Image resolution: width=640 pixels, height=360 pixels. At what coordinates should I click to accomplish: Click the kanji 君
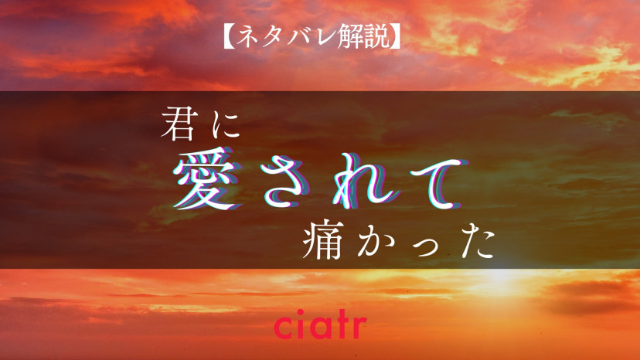coord(180,124)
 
